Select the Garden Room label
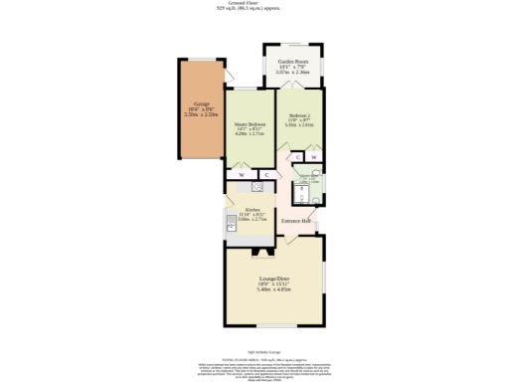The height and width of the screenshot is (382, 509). coord(292,62)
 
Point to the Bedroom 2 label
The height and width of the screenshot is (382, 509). coord(299,115)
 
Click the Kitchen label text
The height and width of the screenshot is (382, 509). coord(253,209)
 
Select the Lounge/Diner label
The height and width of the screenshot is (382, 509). coord(274,278)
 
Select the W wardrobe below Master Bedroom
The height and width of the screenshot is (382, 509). coord(243,174)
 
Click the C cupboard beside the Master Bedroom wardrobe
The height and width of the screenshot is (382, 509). coord(264,174)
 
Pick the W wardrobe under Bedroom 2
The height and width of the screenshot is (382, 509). coord(314,157)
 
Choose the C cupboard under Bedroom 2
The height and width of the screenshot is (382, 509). coord(297,157)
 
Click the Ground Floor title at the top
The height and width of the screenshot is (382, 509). coord(254,3)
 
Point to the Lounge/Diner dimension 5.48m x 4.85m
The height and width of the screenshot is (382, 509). coord(273,289)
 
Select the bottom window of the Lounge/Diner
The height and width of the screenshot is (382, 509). coord(274,326)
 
